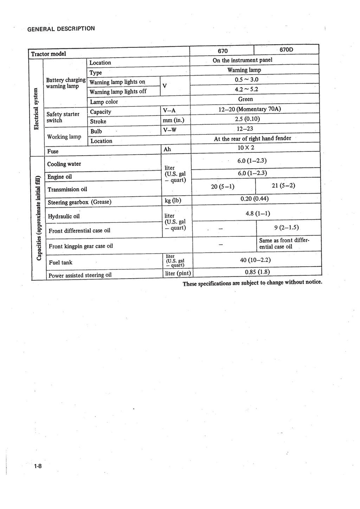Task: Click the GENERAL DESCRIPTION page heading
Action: (x=61, y=28)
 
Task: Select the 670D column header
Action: (x=286, y=50)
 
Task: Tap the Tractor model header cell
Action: (x=49, y=54)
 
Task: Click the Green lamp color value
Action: (x=245, y=99)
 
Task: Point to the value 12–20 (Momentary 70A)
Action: (x=250, y=109)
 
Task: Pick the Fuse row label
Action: (x=53, y=151)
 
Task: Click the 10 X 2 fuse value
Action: (x=246, y=148)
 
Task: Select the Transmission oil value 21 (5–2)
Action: (x=283, y=185)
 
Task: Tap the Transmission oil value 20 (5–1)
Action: (x=223, y=186)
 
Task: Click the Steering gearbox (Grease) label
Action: (x=79, y=202)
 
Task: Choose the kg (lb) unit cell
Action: (x=173, y=201)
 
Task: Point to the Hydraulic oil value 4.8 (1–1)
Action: (x=258, y=213)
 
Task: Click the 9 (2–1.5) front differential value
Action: (x=287, y=227)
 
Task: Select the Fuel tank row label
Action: (x=60, y=262)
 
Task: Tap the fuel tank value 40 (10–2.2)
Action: (x=255, y=260)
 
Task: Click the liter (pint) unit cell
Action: (x=178, y=273)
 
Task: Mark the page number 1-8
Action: (x=38, y=466)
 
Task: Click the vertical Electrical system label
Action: (x=36, y=109)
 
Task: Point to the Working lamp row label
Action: (x=64, y=137)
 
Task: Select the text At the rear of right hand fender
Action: (x=252, y=138)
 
